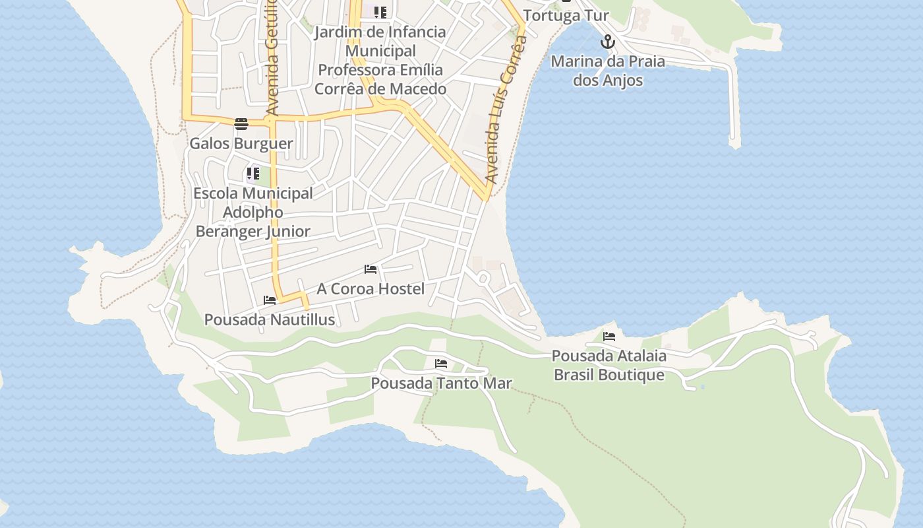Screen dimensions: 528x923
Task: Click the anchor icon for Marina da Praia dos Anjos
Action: [607, 43]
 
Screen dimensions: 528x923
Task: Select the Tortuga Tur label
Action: [566, 15]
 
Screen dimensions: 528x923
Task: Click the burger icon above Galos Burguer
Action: [241, 123]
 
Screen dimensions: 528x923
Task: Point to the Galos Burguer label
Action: [241, 143]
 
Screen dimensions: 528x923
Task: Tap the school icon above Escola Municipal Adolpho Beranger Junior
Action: [253, 174]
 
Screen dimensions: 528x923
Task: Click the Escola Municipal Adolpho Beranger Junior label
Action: [253, 212]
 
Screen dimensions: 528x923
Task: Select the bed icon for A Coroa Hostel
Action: [371, 269]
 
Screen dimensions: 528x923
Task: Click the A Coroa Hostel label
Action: [371, 288]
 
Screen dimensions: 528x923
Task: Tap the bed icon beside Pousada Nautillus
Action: [270, 300]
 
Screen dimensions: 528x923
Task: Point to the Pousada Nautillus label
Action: [270, 319]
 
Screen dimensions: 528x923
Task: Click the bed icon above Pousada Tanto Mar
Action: [441, 364]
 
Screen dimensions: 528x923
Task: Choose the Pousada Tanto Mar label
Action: [441, 383]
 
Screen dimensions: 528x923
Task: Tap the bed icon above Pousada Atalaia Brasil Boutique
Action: [609, 337]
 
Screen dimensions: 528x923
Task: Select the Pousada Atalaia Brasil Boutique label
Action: [609, 365]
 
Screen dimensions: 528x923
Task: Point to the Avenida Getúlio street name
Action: [272, 59]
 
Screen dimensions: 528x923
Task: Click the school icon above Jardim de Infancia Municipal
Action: [380, 13]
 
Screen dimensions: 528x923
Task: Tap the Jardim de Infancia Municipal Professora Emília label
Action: [380, 60]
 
